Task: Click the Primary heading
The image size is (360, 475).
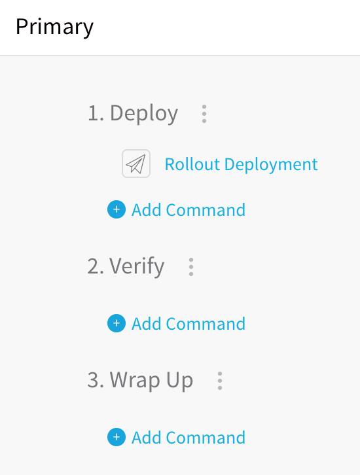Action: pos(54,27)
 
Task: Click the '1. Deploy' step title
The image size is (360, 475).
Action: pos(133,114)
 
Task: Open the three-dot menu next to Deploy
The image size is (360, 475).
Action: pos(204,114)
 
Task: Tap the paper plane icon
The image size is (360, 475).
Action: pos(136,164)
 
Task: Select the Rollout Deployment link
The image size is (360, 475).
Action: pos(242,164)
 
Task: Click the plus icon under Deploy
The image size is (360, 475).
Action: pos(117,209)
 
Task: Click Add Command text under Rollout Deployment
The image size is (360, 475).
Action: pos(189,210)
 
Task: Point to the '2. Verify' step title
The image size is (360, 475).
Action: pos(126,266)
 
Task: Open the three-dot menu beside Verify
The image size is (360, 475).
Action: pos(191,267)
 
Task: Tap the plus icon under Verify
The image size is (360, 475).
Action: pos(117,323)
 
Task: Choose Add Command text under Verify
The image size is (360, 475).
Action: pos(189,324)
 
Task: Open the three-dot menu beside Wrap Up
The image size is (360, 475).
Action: pos(220,381)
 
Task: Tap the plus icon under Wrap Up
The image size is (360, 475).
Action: pos(117,437)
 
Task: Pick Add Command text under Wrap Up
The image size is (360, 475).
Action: pos(189,438)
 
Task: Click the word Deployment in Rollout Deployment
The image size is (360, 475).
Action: pos(271,164)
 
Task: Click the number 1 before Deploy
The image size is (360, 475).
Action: pos(93,113)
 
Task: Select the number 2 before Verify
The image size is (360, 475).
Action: pos(93,266)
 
